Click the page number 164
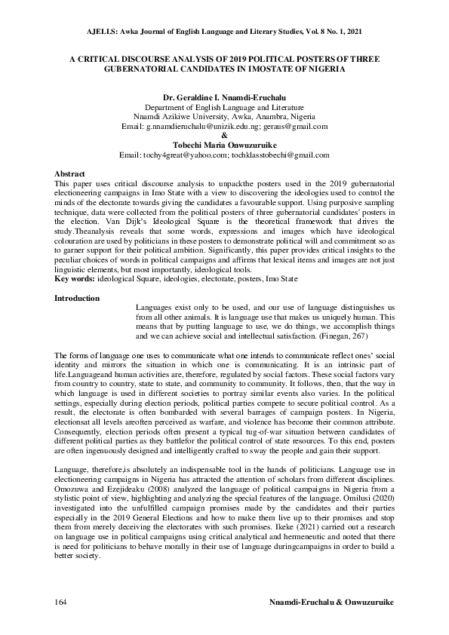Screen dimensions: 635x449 click(x=62, y=604)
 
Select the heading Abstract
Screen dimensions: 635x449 click(x=70, y=173)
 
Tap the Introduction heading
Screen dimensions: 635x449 click(x=77, y=299)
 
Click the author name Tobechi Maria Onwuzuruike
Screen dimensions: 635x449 click(x=225, y=145)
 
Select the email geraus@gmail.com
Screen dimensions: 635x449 click(x=299, y=127)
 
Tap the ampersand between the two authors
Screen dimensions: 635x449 click(x=225, y=136)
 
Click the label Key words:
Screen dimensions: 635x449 click(x=75, y=279)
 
